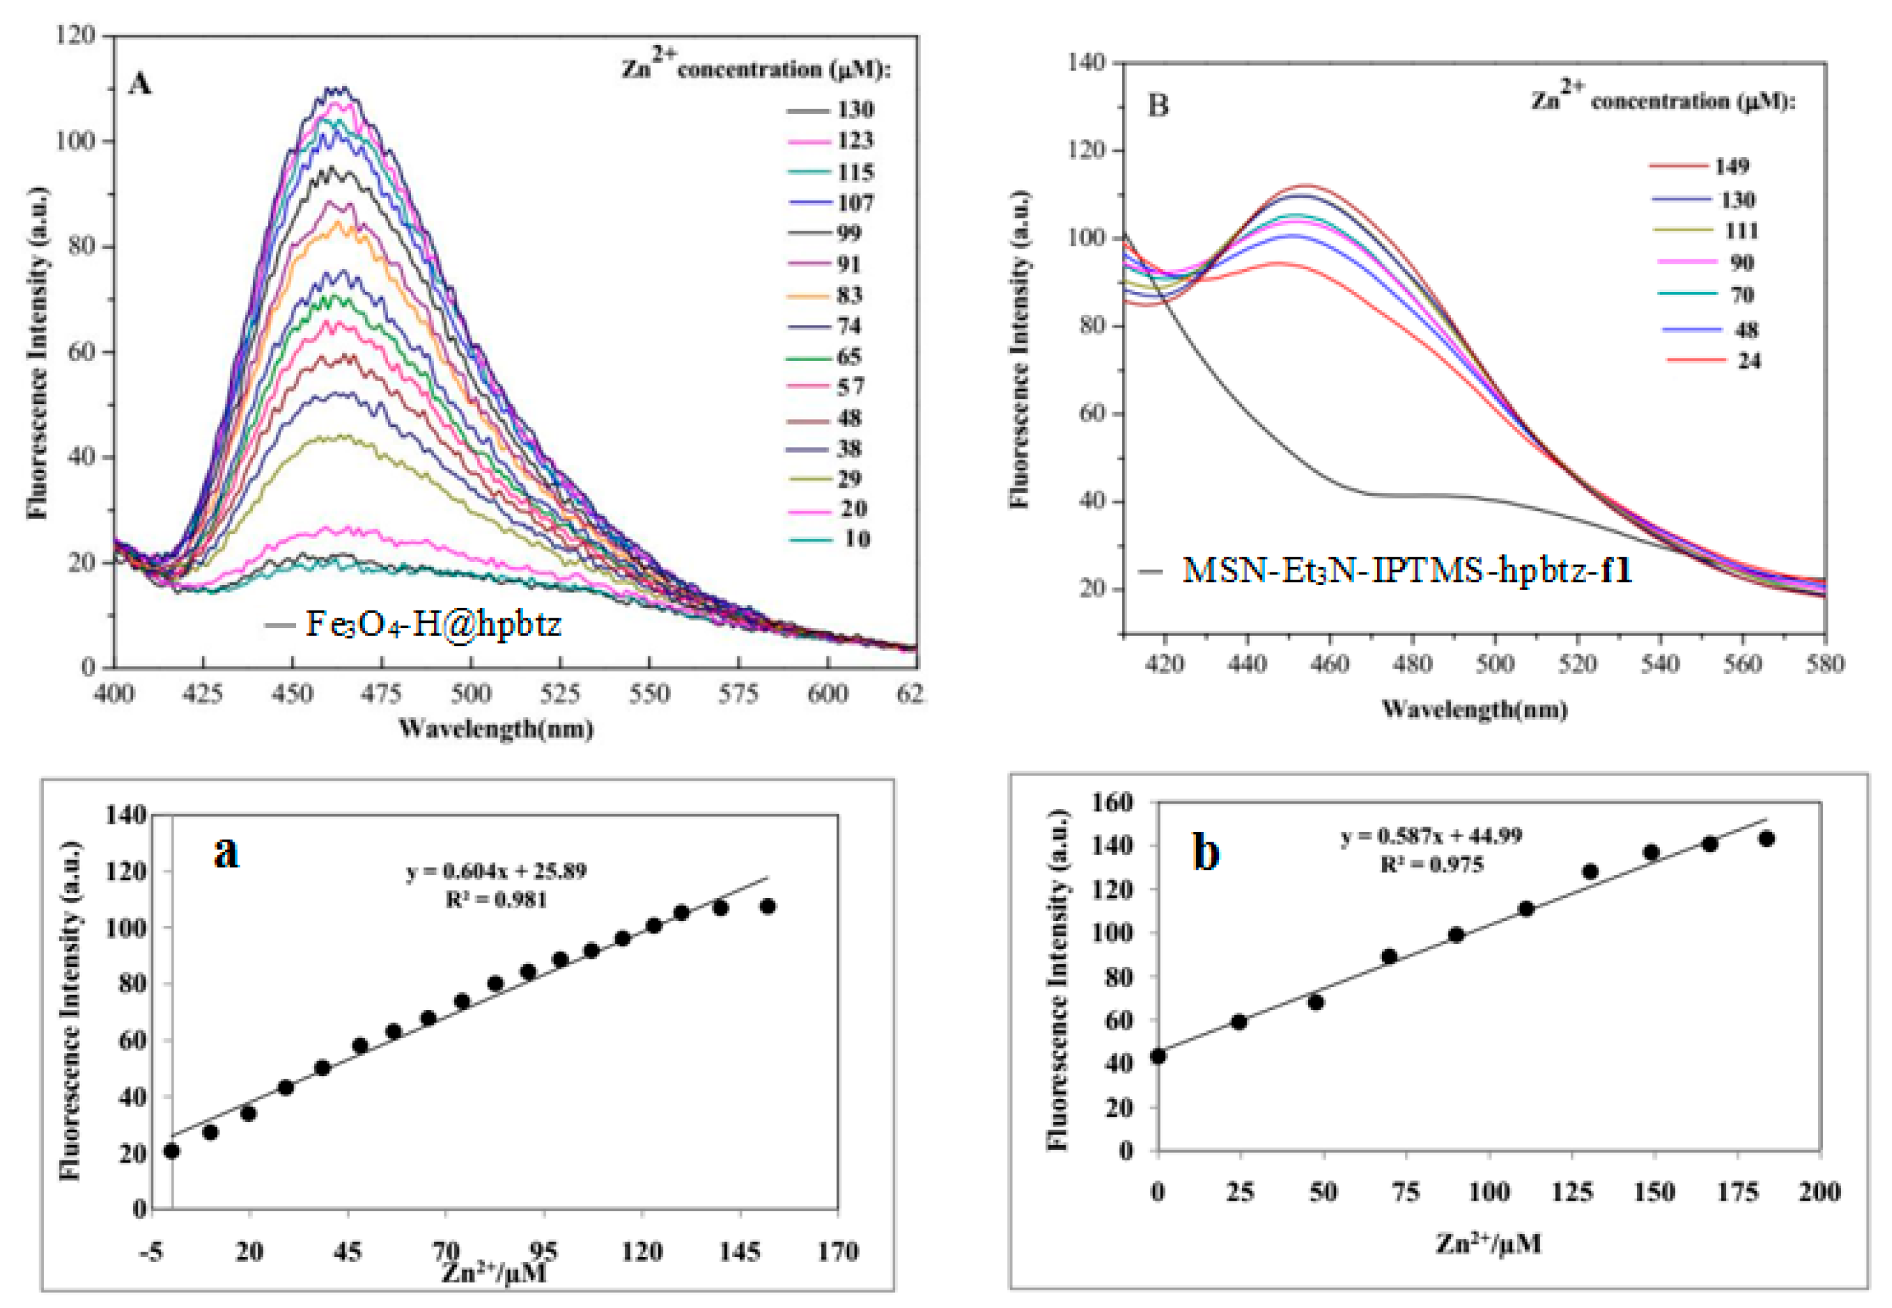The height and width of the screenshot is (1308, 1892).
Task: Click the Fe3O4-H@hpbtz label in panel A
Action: point(432,624)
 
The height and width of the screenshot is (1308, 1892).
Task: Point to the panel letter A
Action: point(140,84)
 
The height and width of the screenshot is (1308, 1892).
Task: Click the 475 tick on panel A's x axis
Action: point(381,694)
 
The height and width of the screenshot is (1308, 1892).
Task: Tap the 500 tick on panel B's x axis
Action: point(1494,663)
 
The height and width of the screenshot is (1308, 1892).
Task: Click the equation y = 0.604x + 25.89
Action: point(497,871)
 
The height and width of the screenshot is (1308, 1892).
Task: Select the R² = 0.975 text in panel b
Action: point(1431,865)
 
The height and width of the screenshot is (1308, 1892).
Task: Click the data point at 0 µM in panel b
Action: point(1158,1056)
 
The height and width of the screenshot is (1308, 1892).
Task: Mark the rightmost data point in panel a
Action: point(768,906)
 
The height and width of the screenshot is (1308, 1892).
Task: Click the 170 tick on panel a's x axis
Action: point(837,1252)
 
